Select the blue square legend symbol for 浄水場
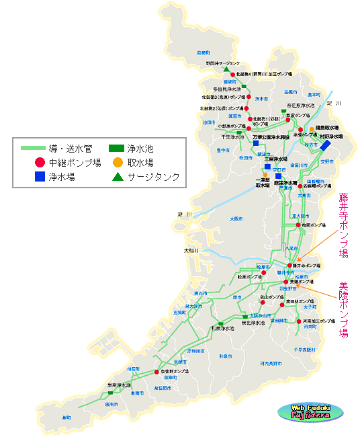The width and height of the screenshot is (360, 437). tap(40, 177)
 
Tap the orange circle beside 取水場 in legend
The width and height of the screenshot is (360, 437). tap(118, 162)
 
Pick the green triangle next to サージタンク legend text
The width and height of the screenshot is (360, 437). tap(118, 177)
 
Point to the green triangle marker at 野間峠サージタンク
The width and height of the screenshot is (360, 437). tap(226, 69)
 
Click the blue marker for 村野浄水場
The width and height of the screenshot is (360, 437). tap(326, 145)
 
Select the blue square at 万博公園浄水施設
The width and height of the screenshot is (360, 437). tap(256, 143)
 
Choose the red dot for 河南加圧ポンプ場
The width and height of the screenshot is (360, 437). tap(299, 321)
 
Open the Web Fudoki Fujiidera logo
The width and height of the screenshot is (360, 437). tap(308, 411)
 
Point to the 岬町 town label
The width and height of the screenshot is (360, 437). tap(66, 418)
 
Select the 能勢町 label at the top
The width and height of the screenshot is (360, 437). tap(204, 52)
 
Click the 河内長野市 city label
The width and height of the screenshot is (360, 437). tap(271, 363)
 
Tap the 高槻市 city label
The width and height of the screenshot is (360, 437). tap(290, 91)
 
